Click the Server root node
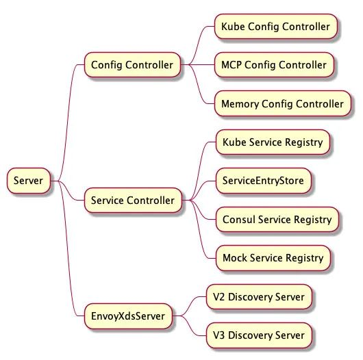point(29,181)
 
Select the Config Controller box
point(132,65)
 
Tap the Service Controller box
point(133,201)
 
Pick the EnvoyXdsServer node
point(128,316)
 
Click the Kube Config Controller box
point(276,27)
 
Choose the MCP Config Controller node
point(274,65)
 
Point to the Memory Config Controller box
point(282,103)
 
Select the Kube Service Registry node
point(273,142)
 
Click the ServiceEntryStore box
point(263,181)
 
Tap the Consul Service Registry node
point(277,219)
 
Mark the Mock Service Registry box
point(273,258)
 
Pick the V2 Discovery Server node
point(259,297)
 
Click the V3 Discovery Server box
point(259,335)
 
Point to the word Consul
point(239,219)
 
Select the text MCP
point(231,65)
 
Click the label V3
point(218,335)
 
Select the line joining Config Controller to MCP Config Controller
point(197,65)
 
